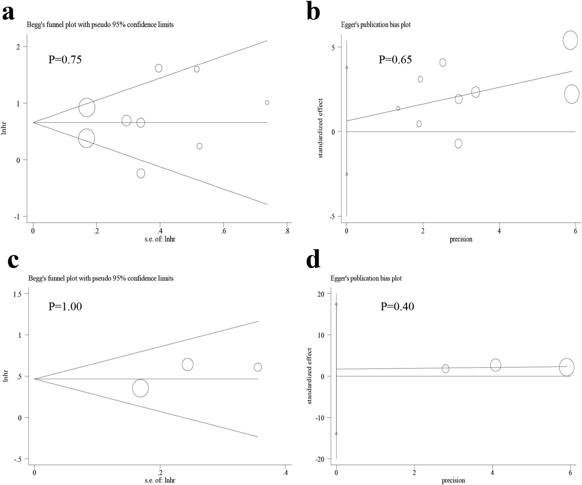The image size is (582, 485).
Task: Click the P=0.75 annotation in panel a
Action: point(65,59)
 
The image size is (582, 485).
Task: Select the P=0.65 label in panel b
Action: point(395,59)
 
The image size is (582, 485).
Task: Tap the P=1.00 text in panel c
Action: point(65,306)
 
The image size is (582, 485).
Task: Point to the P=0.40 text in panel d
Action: point(397,306)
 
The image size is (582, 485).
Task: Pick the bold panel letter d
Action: point(313,260)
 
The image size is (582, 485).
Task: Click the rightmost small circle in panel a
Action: point(267,103)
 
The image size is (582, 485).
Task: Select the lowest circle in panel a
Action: point(141,173)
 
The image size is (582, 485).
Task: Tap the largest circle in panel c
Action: point(140,388)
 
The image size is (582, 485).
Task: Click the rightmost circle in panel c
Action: point(258,367)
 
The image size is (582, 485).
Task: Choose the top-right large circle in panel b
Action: point(570,40)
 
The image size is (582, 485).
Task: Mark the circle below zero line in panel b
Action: point(458,143)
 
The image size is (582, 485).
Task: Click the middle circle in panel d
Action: point(495,365)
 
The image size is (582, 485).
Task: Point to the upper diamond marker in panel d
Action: point(336,304)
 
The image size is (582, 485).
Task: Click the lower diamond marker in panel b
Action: point(347,174)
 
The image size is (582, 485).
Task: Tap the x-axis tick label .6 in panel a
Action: point(223,231)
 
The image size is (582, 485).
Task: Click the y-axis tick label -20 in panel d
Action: point(320,460)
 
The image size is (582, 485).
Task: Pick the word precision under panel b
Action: point(461,239)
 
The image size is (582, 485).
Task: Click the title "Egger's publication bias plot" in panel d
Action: point(366,278)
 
